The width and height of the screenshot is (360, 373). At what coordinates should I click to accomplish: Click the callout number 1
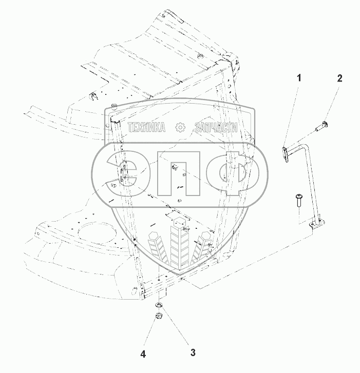coord(299,78)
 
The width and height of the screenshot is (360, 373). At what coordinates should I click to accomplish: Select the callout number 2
coord(339,78)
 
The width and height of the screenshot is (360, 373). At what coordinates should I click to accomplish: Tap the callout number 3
coord(193,352)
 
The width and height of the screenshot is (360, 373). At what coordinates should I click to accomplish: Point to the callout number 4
coord(143,355)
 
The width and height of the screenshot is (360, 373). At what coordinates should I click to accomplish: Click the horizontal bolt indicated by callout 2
coord(321,126)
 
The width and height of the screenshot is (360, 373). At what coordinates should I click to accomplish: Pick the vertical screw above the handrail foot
coord(298,201)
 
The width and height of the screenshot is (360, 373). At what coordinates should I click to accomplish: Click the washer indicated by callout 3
coord(159,305)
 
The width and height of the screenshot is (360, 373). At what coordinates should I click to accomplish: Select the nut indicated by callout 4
coord(159,315)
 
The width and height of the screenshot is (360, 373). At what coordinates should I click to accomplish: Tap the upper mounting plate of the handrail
coord(285,154)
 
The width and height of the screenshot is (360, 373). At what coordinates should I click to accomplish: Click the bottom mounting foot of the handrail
coord(317,223)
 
